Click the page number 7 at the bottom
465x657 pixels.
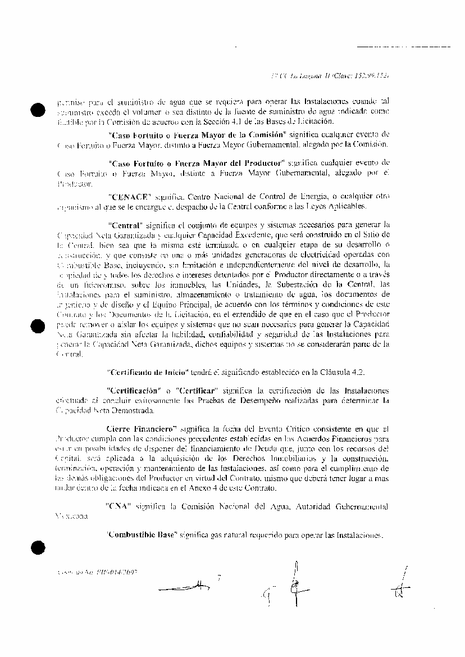(219, 577)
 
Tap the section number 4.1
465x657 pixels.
(256, 121)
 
